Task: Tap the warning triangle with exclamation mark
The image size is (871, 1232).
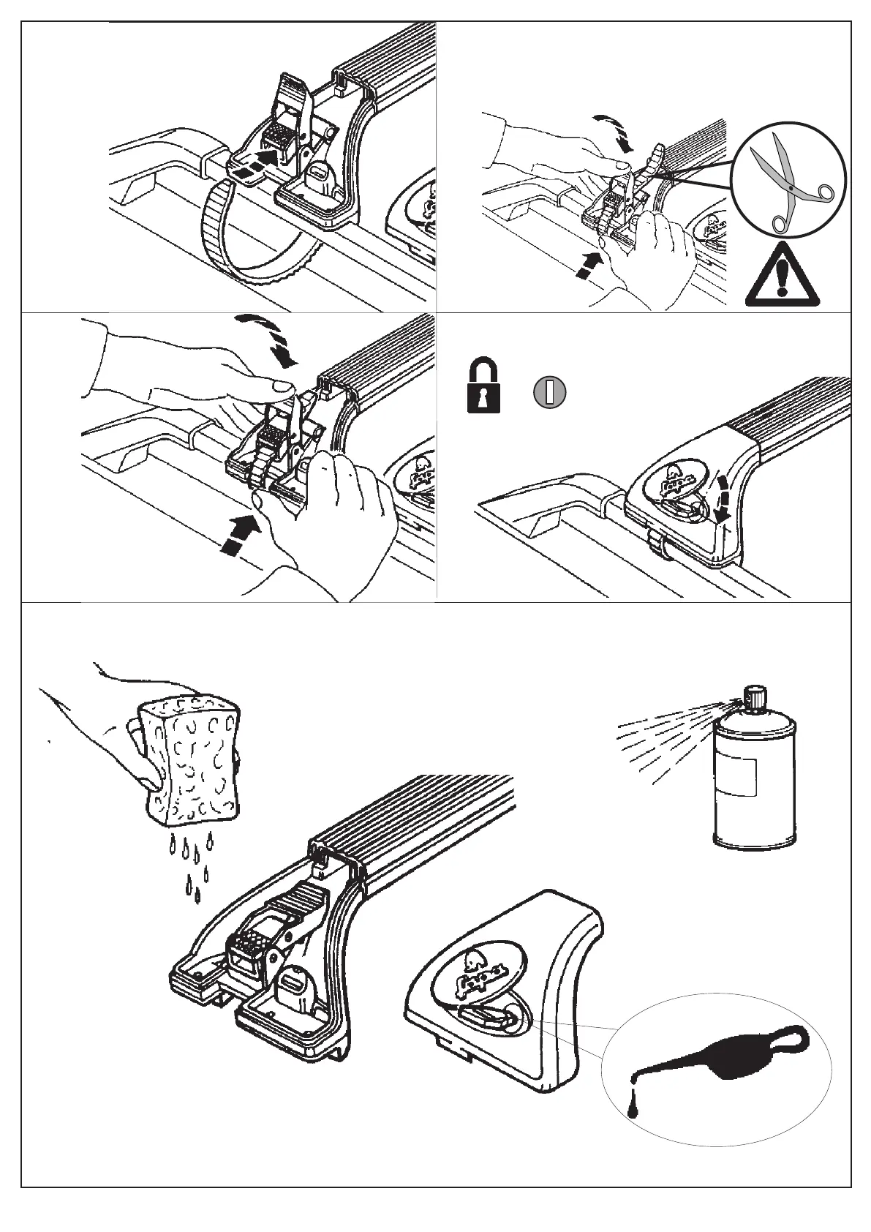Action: pos(782,278)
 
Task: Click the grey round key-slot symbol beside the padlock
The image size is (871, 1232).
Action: pos(550,393)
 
